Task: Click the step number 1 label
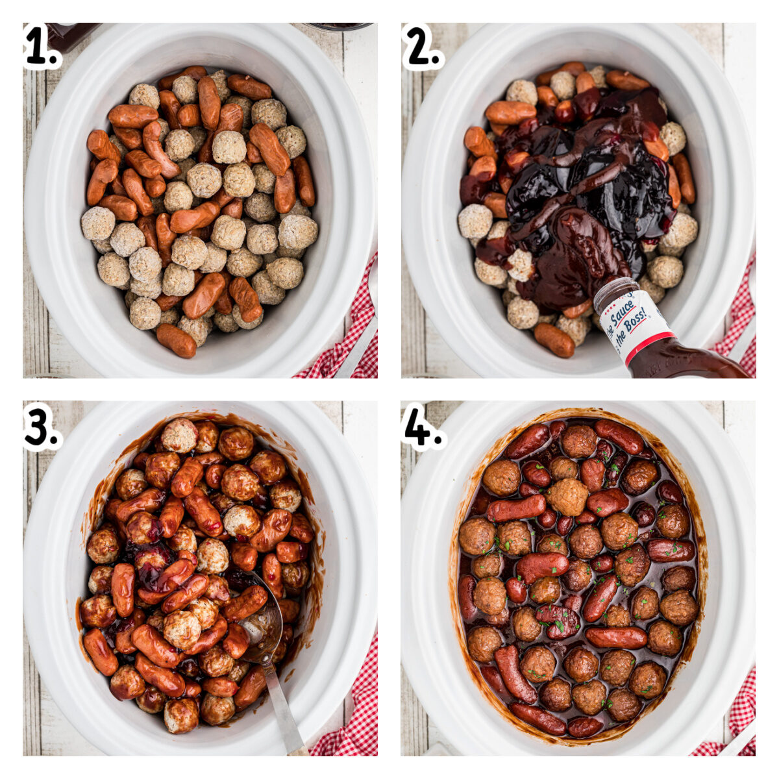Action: pyautogui.click(x=40, y=47)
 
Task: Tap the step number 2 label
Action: pyautogui.click(x=421, y=47)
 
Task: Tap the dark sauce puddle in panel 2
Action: pyautogui.click(x=584, y=188)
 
